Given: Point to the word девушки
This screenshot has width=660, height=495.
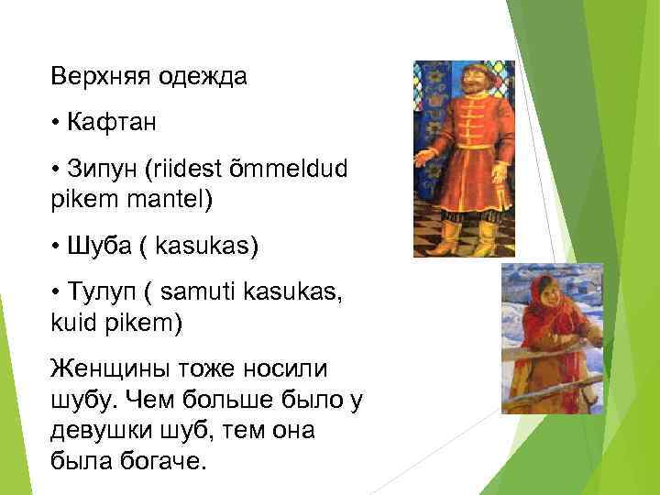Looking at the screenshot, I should [x=104, y=431].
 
